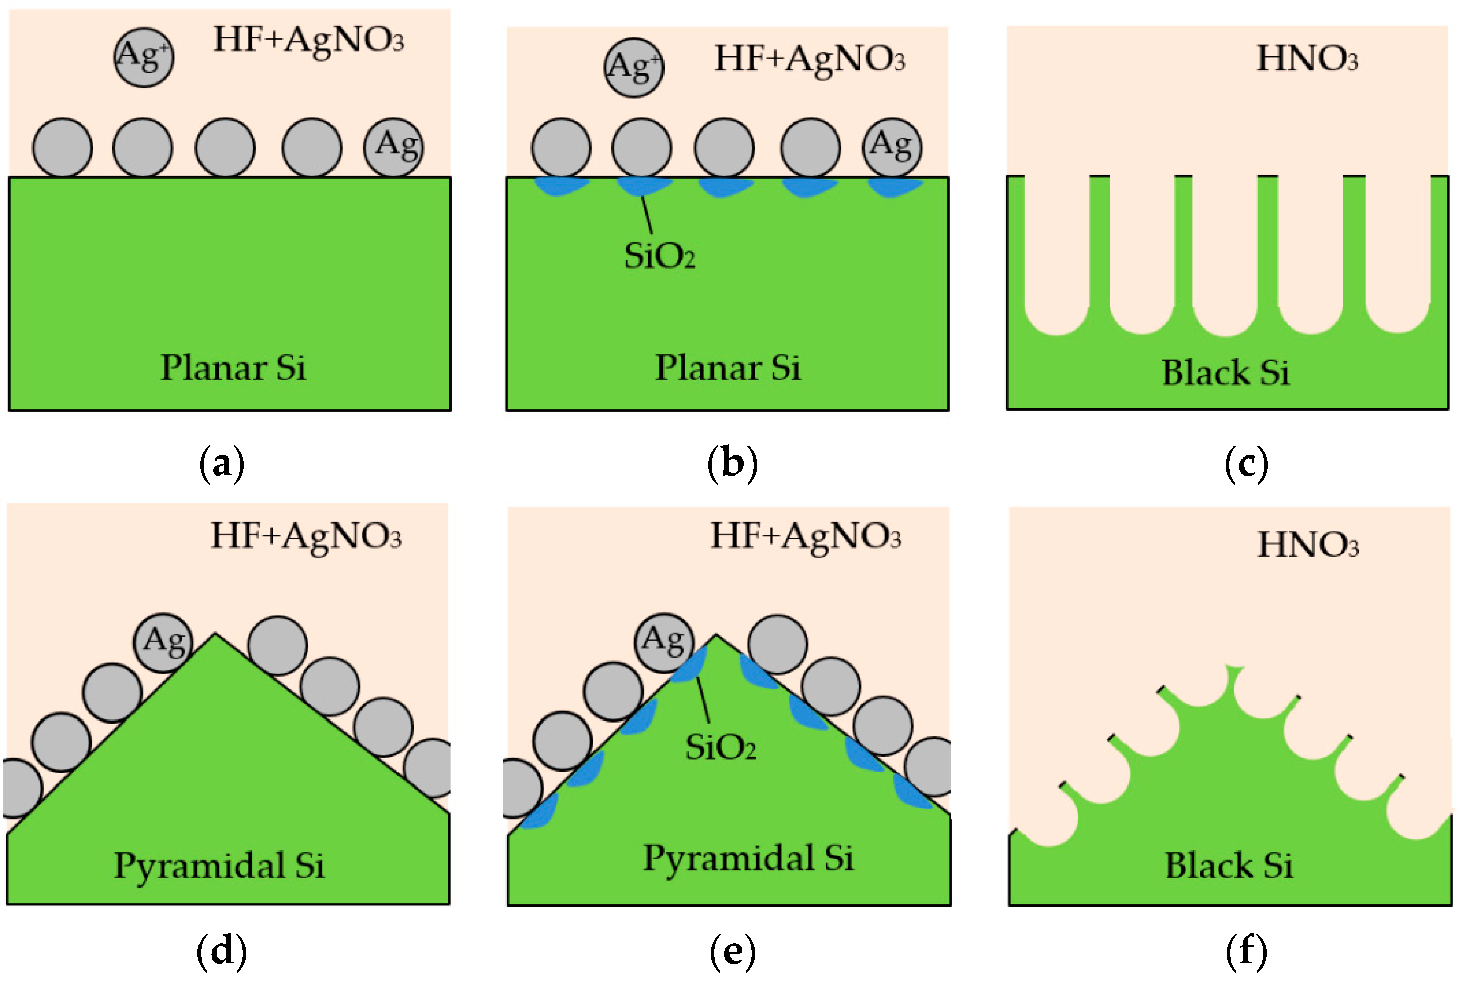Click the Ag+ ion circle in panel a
[144, 57]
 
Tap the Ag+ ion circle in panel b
[634, 67]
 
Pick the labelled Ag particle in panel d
[163, 642]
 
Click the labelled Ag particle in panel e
[665, 642]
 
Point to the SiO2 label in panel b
[659, 256]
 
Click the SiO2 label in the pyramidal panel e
[720, 747]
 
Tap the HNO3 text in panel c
[1307, 59]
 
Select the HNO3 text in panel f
[1308, 545]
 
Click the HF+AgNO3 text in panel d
[305, 537]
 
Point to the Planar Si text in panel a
[233, 368]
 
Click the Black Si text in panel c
[1225, 373]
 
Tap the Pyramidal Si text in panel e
[748, 859]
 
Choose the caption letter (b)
[732, 464]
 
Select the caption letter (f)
[1246, 951]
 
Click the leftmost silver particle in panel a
[62, 148]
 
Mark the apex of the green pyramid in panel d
[215, 636]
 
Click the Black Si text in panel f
[1228, 866]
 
